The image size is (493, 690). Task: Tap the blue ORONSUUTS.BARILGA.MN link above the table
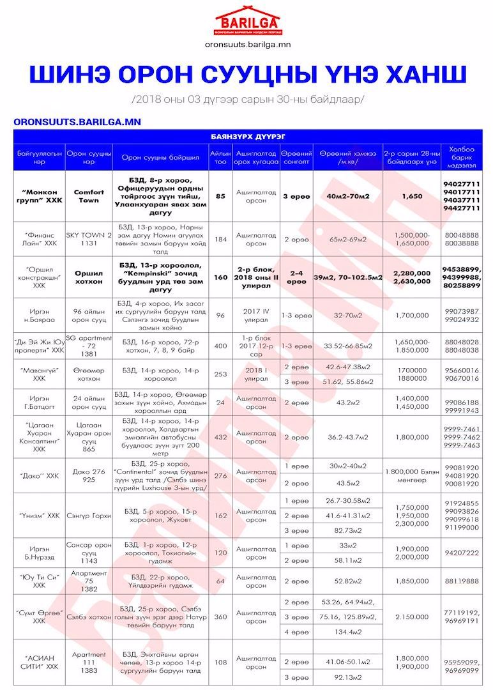click(x=77, y=121)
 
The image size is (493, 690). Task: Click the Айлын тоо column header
click(x=221, y=157)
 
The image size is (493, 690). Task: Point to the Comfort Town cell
click(x=89, y=196)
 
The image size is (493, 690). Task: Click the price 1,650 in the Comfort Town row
click(x=413, y=196)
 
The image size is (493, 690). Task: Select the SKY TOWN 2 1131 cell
click(x=89, y=239)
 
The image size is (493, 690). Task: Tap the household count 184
click(x=221, y=239)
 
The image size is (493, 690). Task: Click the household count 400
click(x=221, y=346)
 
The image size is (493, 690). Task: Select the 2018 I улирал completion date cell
click(x=256, y=374)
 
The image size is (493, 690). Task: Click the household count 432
click(x=221, y=437)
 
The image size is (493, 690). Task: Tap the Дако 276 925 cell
click(x=89, y=475)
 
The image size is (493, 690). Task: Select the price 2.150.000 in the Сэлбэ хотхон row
click(x=413, y=617)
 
